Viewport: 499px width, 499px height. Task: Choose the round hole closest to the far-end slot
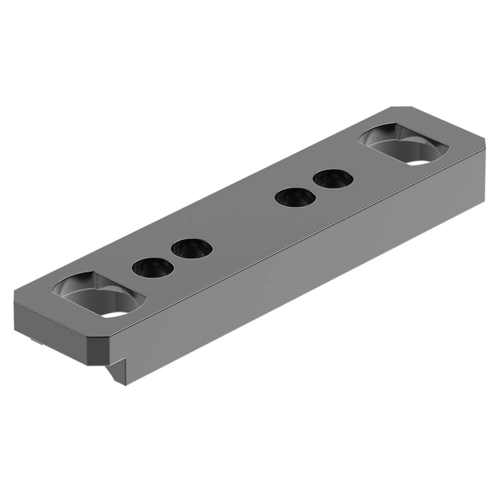point(333,179)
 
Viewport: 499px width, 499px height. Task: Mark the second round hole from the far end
point(295,198)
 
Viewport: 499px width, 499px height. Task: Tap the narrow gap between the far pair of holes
point(314,189)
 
